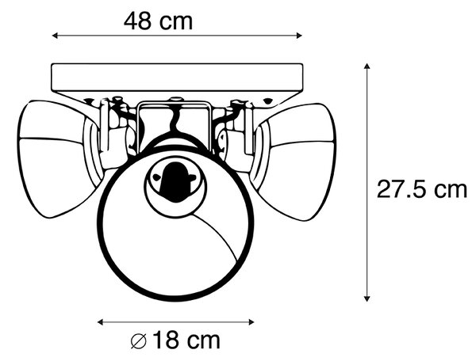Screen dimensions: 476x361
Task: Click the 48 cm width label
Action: tap(158, 21)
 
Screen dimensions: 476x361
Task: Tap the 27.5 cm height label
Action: tap(422, 189)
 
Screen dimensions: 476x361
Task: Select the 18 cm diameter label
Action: tap(175, 340)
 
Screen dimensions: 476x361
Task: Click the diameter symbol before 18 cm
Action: tap(138, 341)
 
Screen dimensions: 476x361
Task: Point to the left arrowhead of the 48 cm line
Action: tap(55, 36)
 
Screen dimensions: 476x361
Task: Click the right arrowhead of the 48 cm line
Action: tap(299, 36)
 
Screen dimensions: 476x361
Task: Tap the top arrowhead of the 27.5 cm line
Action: tap(367, 66)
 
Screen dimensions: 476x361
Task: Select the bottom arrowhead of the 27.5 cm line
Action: tap(367, 299)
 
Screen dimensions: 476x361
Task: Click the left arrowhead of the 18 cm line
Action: tap(100, 322)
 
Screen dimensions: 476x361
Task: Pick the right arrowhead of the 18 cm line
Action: tap(251, 322)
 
